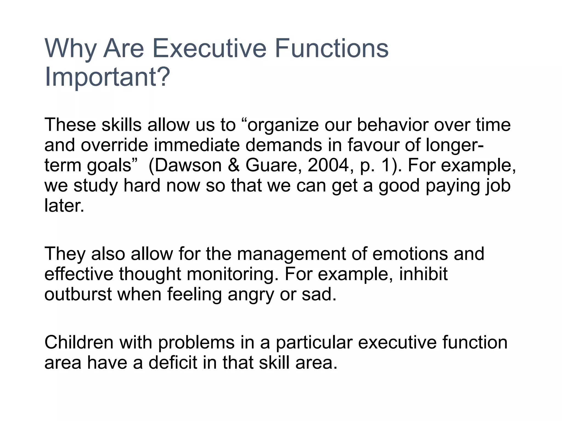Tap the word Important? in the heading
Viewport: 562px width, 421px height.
coord(107,77)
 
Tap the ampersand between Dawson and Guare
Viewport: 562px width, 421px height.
coord(234,165)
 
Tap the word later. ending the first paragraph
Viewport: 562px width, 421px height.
coord(64,206)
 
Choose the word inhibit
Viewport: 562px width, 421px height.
coord(423,274)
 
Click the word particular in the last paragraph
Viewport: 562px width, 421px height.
coord(314,343)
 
